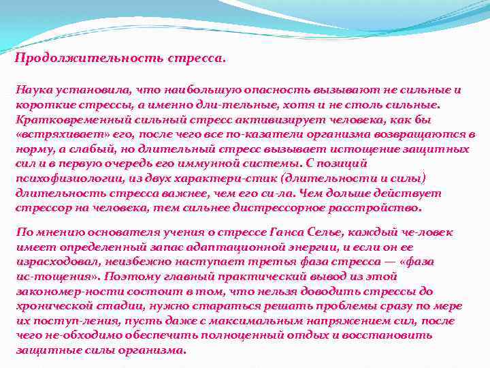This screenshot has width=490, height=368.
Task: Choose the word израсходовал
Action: click(x=56, y=262)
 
